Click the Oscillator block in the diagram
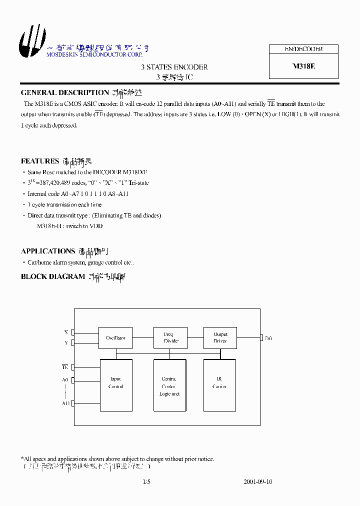[x=115, y=338]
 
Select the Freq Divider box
[x=170, y=338]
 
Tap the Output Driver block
[x=220, y=338]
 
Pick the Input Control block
[x=115, y=383]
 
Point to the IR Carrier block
[x=220, y=383]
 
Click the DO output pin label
[x=268, y=338]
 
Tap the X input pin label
[x=66, y=332]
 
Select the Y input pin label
[x=66, y=343]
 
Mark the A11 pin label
[x=65, y=403]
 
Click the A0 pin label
[x=65, y=380]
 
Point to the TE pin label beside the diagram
[x=65, y=367]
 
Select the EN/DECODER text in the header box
[x=303, y=49]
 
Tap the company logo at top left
[x=29, y=41]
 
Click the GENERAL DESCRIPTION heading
[x=64, y=92]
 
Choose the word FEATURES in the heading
[x=40, y=161]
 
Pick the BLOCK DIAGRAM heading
[x=52, y=276]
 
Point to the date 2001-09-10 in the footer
[x=257, y=482]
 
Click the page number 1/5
[x=146, y=482]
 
